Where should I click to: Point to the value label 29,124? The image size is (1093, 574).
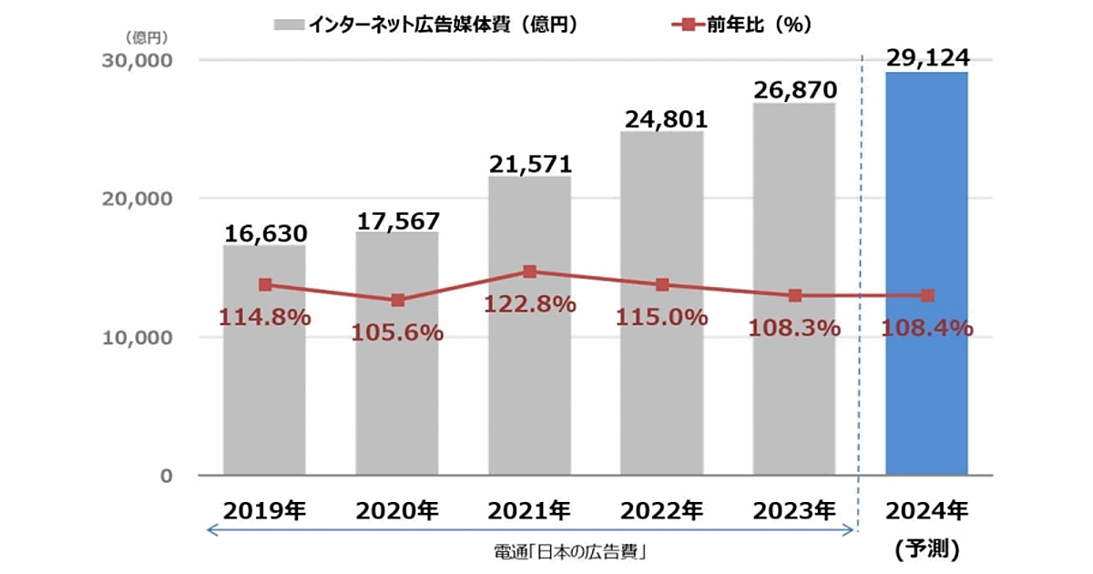[927, 58]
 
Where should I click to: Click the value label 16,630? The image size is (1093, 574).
[265, 232]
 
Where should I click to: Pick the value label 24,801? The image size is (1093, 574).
[662, 119]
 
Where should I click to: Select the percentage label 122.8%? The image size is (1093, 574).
[529, 304]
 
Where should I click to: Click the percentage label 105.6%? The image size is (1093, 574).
[397, 333]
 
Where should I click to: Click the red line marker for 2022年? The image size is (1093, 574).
[662, 285]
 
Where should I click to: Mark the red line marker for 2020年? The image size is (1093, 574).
[397, 300]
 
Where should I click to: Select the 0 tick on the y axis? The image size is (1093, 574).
[166, 476]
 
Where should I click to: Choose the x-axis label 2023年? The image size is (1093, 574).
[794, 509]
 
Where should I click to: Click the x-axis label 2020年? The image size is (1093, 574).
[397, 509]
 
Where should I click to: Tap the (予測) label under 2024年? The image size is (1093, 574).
[927, 549]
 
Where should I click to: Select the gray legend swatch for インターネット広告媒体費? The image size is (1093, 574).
[289, 26]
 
